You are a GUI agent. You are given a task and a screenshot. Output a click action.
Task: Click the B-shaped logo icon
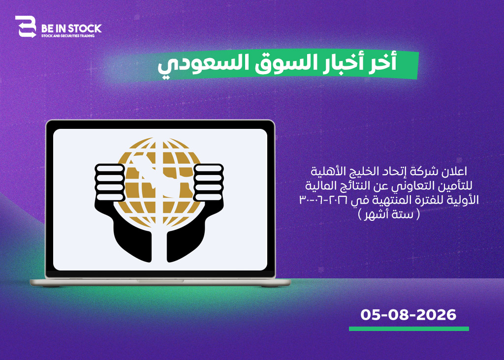click(x=26, y=27)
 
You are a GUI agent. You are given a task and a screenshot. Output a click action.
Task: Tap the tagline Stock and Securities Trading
click(x=68, y=35)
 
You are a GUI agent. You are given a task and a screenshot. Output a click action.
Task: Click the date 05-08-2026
click(x=408, y=315)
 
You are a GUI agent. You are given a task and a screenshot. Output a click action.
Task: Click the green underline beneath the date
click(x=409, y=329)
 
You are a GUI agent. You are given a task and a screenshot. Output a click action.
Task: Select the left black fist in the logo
click(x=110, y=183)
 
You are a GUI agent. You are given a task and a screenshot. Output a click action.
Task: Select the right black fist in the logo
click(x=209, y=183)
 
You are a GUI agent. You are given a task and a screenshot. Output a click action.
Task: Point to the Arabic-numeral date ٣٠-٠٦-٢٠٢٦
click(x=323, y=200)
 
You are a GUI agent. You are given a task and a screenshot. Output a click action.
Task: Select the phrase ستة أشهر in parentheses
click(x=389, y=214)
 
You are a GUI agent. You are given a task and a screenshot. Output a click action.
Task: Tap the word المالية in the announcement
click(x=318, y=185)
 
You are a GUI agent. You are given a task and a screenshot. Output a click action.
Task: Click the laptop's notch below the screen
click(x=160, y=281)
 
